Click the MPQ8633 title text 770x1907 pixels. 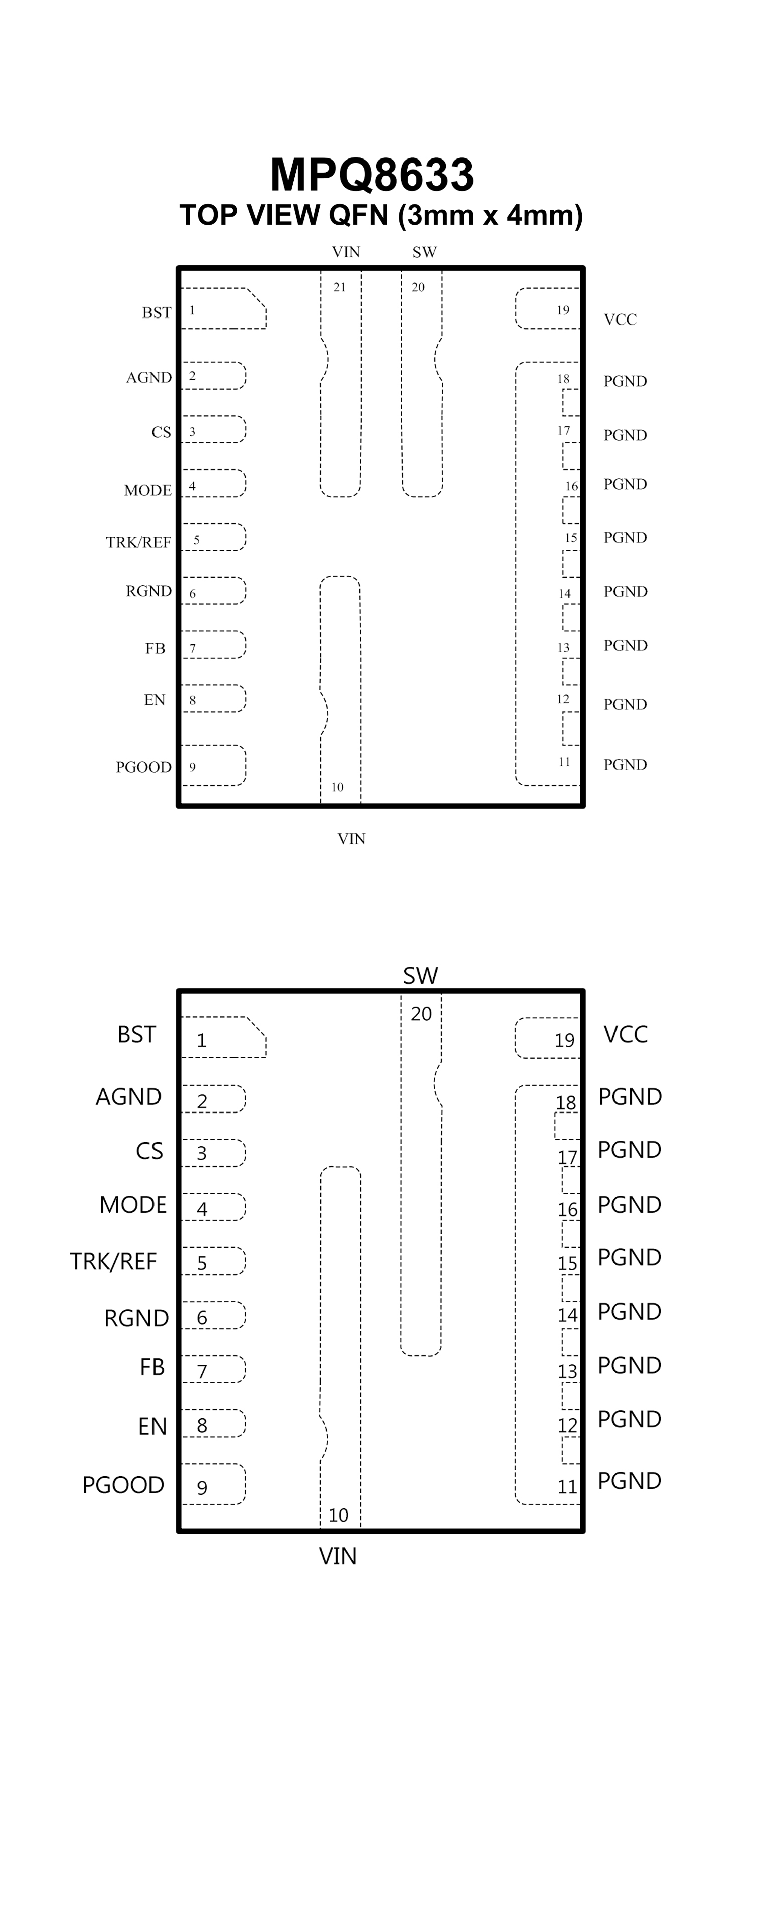(x=372, y=176)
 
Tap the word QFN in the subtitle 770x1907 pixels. (x=358, y=215)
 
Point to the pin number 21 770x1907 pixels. (x=339, y=288)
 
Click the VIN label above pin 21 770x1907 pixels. (x=346, y=252)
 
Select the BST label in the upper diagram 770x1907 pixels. (x=156, y=313)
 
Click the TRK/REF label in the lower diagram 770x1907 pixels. (x=113, y=1261)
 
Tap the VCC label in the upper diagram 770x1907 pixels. (x=620, y=320)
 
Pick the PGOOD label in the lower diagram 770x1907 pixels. (x=123, y=1485)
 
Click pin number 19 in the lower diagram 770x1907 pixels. (x=564, y=1041)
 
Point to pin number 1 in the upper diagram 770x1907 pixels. (x=192, y=311)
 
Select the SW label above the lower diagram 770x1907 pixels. (x=420, y=976)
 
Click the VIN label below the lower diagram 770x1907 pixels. (x=338, y=1557)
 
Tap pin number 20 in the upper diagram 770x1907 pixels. (x=418, y=288)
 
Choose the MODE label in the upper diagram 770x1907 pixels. (x=147, y=490)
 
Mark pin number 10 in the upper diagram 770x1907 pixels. (x=337, y=787)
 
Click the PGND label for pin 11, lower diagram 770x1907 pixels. (x=630, y=1481)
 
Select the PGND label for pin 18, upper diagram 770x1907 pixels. (x=625, y=381)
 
